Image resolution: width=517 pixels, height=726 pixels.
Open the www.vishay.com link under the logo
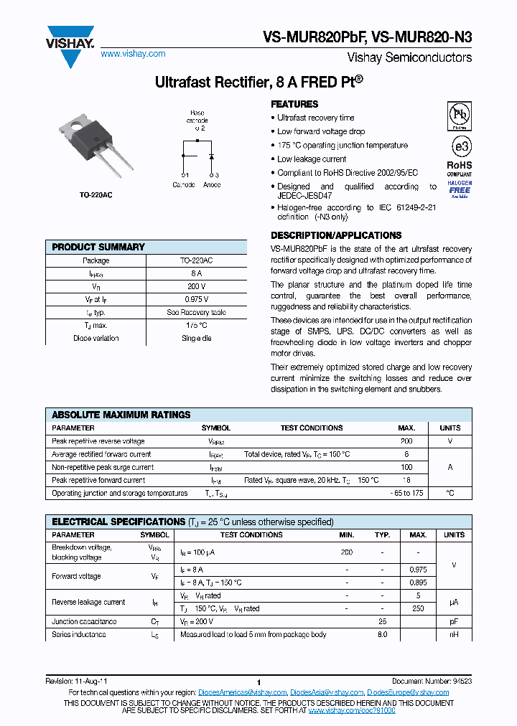(x=133, y=54)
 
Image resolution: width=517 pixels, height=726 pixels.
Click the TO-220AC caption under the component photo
(x=96, y=195)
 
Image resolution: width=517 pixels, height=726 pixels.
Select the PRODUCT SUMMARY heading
(x=98, y=247)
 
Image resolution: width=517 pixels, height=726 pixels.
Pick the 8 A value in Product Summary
(x=196, y=273)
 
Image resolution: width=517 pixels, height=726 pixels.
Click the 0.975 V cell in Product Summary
(x=196, y=299)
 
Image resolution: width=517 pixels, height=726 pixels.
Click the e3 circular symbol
(x=460, y=146)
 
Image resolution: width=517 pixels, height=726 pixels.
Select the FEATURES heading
(x=294, y=104)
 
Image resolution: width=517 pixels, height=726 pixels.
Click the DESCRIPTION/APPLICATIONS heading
(x=335, y=235)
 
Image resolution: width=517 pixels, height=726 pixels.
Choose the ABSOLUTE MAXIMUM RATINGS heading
(x=121, y=415)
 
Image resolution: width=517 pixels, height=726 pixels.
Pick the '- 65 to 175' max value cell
(x=406, y=494)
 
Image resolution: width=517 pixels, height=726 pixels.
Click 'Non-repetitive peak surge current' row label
(x=103, y=467)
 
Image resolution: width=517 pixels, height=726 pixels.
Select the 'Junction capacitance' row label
(x=84, y=621)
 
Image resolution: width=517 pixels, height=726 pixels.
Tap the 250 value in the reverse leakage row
(x=418, y=608)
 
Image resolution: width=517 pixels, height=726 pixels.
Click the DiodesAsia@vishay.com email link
(x=327, y=692)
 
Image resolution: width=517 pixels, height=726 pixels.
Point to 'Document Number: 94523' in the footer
(x=432, y=680)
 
